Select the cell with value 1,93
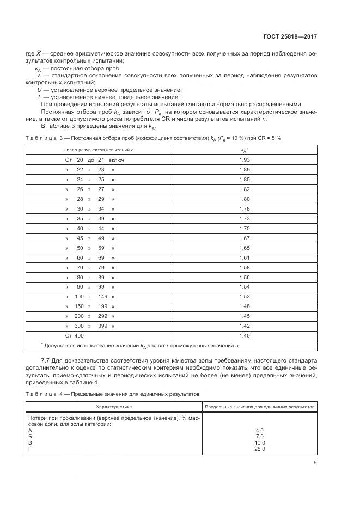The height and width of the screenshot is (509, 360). (x=245, y=160)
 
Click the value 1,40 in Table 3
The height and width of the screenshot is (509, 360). (x=245, y=335)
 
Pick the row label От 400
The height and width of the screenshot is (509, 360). (x=75, y=335)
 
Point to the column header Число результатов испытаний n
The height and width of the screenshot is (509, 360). (x=99, y=149)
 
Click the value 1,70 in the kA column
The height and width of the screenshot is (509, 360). (x=245, y=228)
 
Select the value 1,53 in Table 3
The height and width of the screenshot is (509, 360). (x=245, y=296)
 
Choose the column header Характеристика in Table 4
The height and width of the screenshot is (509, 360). (x=114, y=407)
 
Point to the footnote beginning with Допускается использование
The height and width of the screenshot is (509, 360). (x=142, y=345)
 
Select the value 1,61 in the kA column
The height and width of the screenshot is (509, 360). (x=245, y=257)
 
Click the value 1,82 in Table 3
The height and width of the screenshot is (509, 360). (x=245, y=189)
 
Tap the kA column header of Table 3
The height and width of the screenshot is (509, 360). (x=245, y=149)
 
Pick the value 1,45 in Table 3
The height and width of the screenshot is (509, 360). (x=245, y=316)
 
